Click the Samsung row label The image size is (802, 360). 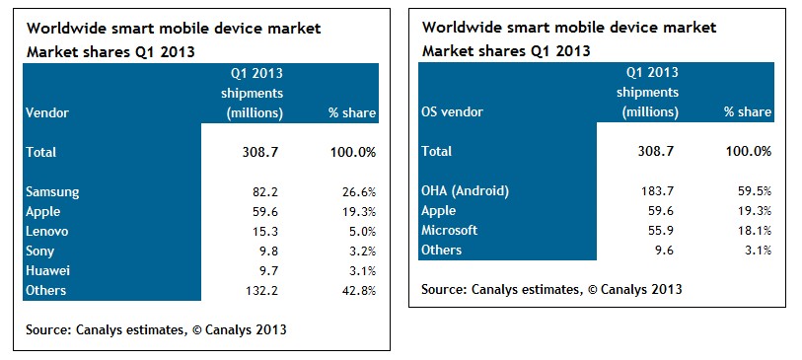[x=52, y=192]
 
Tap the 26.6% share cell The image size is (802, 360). [x=358, y=192]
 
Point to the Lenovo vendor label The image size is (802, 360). [x=46, y=232]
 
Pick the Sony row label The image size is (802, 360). [x=39, y=252]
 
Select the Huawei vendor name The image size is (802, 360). [x=47, y=270]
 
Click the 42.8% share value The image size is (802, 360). [x=358, y=290]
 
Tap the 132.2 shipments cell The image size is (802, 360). [x=262, y=290]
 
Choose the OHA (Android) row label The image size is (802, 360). [x=465, y=191]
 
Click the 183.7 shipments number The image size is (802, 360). [x=658, y=191]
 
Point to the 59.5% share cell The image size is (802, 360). [x=754, y=191]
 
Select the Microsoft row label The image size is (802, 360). [x=449, y=230]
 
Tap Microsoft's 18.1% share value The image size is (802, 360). [x=754, y=231]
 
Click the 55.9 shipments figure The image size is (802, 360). [x=661, y=231]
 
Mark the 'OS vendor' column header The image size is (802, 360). [x=452, y=111]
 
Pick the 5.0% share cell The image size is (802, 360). [x=361, y=232]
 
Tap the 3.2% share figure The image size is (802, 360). [x=361, y=252]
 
